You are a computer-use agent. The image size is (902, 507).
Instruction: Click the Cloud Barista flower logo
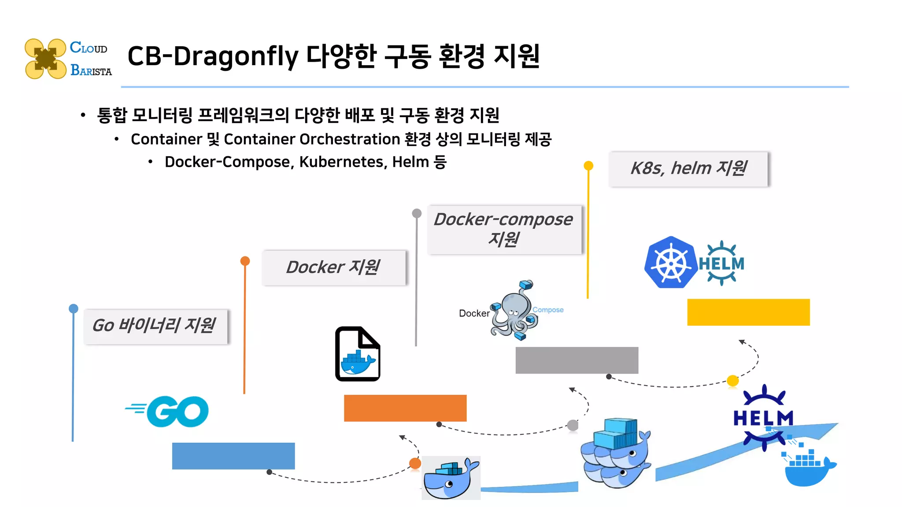[45, 59]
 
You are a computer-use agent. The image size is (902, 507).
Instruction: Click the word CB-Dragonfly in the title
[213, 57]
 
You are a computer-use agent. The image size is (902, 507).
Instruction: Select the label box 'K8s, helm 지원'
[688, 169]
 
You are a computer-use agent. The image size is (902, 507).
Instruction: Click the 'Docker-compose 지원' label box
[504, 229]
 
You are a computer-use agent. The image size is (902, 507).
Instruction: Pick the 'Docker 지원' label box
[333, 268]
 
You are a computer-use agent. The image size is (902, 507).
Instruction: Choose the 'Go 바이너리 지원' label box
[155, 326]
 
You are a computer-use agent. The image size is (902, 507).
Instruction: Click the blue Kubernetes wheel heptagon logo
[670, 263]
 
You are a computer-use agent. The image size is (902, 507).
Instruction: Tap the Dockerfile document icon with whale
[358, 354]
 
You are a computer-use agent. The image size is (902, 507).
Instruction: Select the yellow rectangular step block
[748, 312]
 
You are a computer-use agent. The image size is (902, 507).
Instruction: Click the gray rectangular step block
[577, 360]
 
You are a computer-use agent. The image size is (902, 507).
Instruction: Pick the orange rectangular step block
[405, 408]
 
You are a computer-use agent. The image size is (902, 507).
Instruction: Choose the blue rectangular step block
[233, 456]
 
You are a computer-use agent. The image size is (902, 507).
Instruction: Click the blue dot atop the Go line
[74, 309]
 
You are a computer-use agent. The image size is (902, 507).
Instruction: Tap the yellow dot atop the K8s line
[588, 165]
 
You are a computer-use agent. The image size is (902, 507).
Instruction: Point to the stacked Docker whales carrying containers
[615, 453]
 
